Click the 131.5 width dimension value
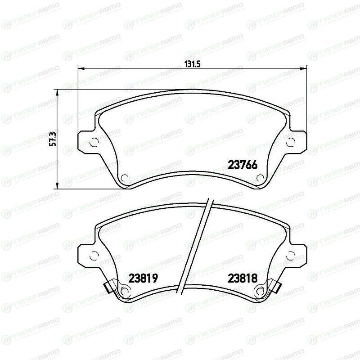[193, 63]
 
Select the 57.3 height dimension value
[53, 139]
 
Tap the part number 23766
[243, 165]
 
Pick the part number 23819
[143, 278]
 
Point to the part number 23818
[243, 278]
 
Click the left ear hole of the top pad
[94, 142]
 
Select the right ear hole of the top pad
[291, 142]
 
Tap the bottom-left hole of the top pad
[125, 178]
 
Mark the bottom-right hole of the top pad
[260, 178]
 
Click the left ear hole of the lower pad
[94, 256]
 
